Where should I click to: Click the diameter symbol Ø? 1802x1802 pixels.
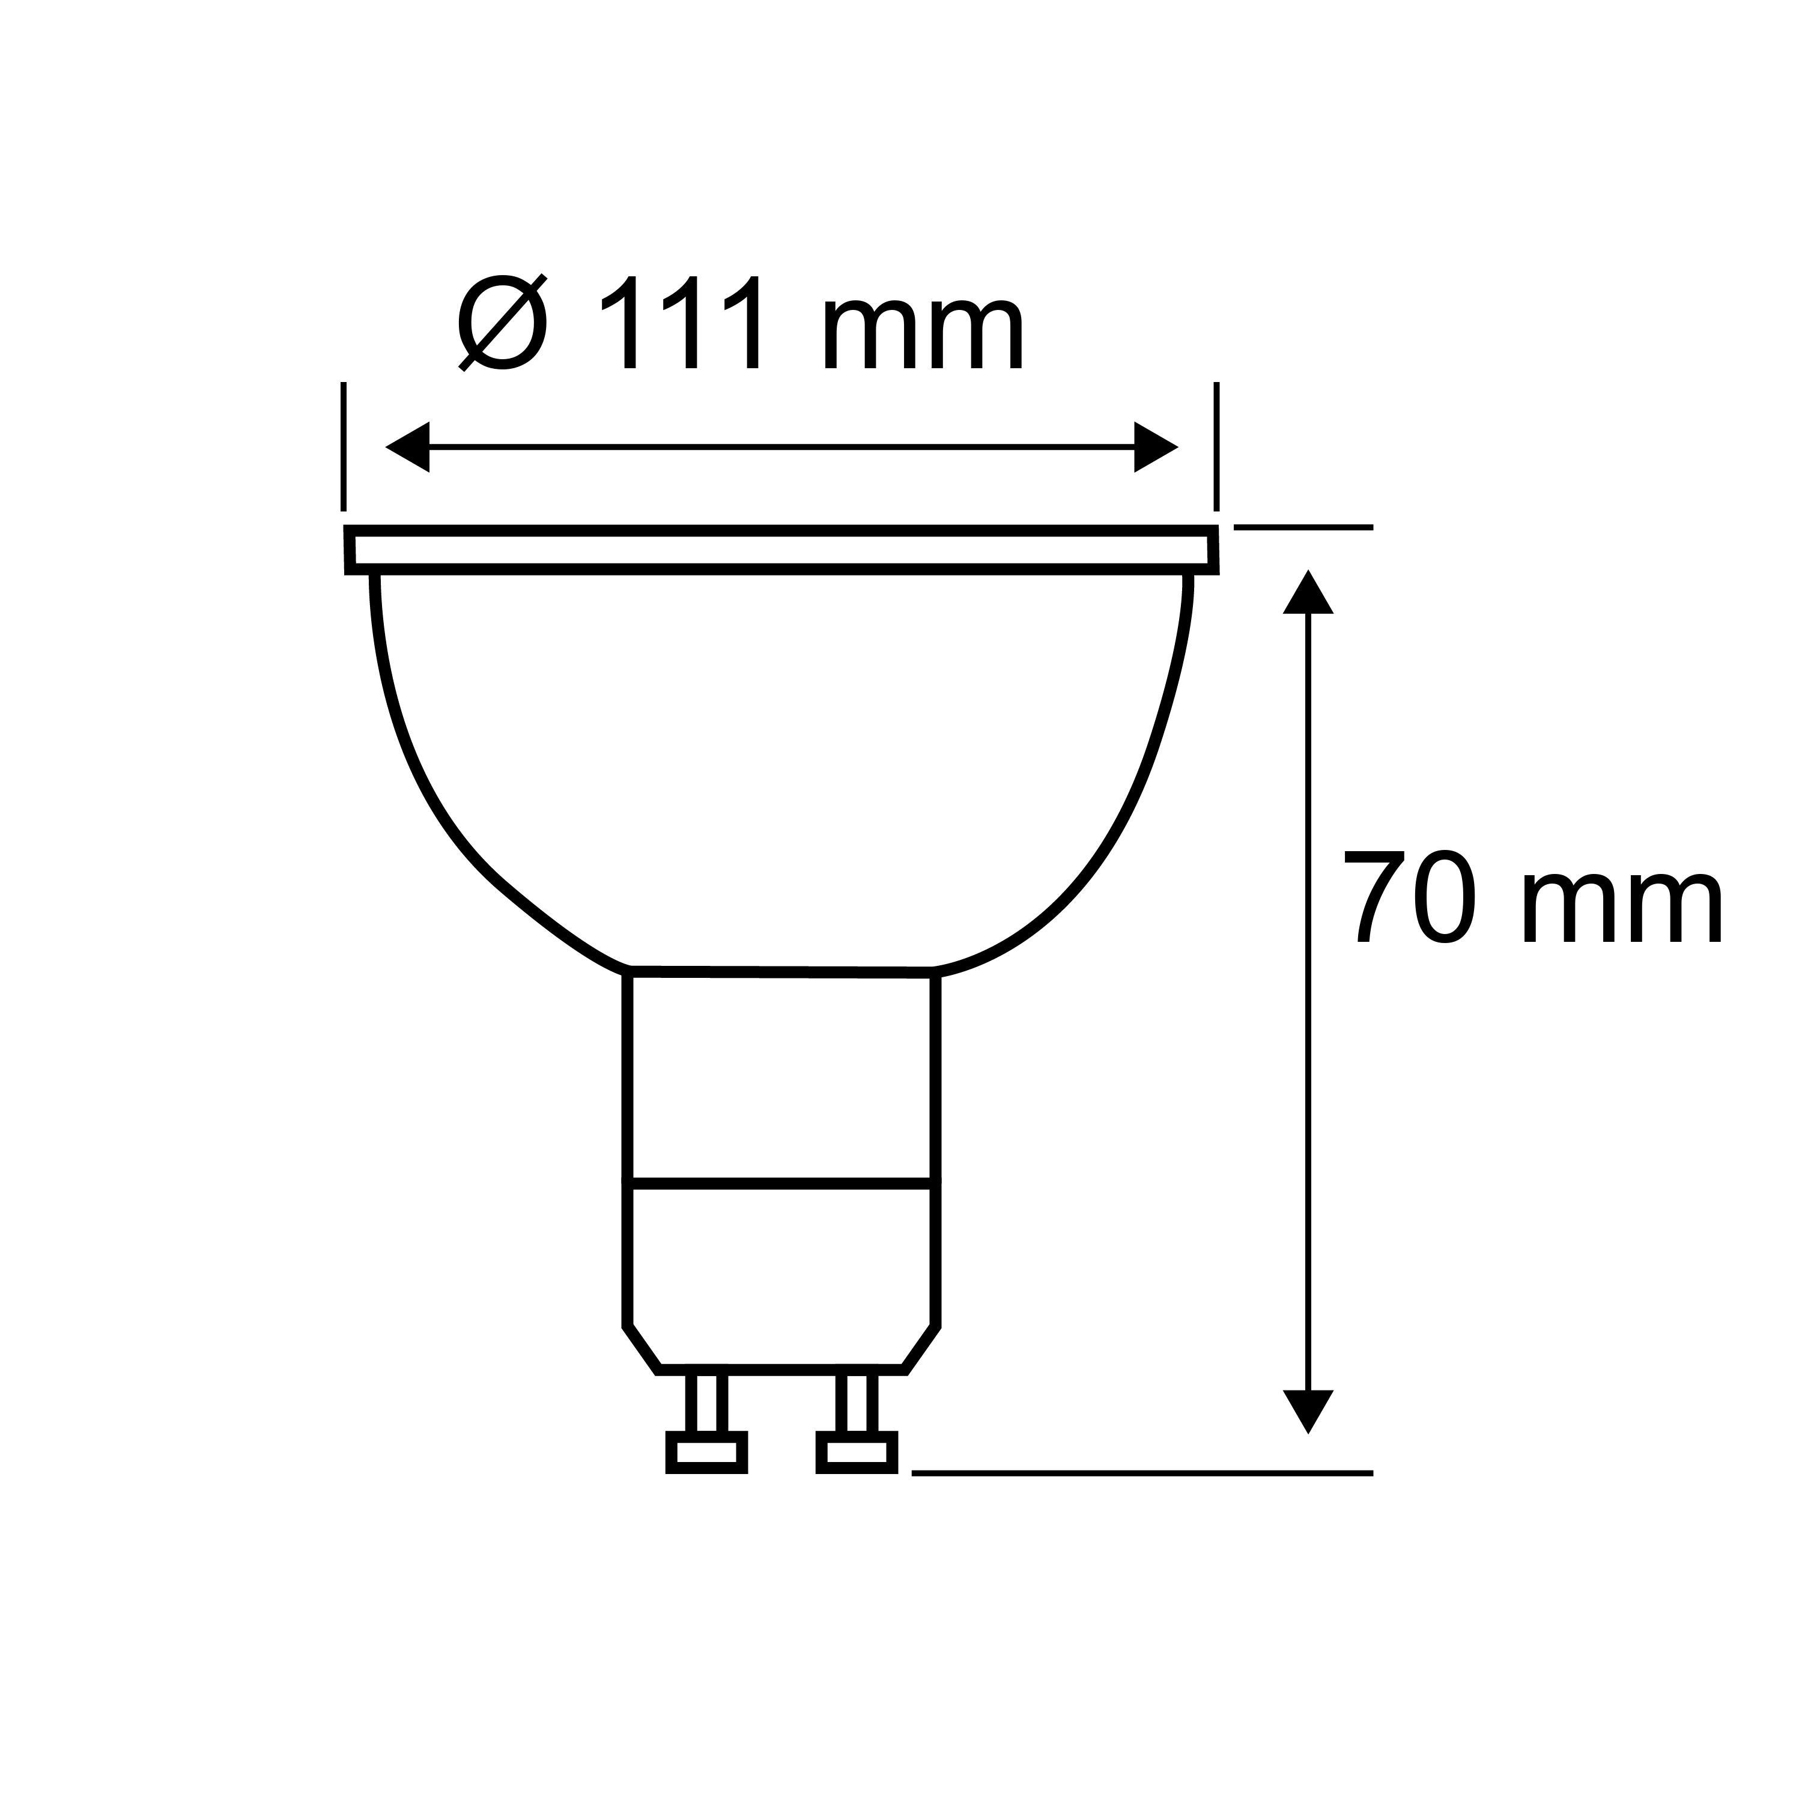[x=502, y=323]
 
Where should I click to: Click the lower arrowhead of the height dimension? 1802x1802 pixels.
[x=1308, y=1436]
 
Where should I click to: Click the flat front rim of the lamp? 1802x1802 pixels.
[x=781, y=550]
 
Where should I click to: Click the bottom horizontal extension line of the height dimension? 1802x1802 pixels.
[x=1142, y=1473]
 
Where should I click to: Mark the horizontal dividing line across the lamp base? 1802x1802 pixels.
[x=781, y=1185]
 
